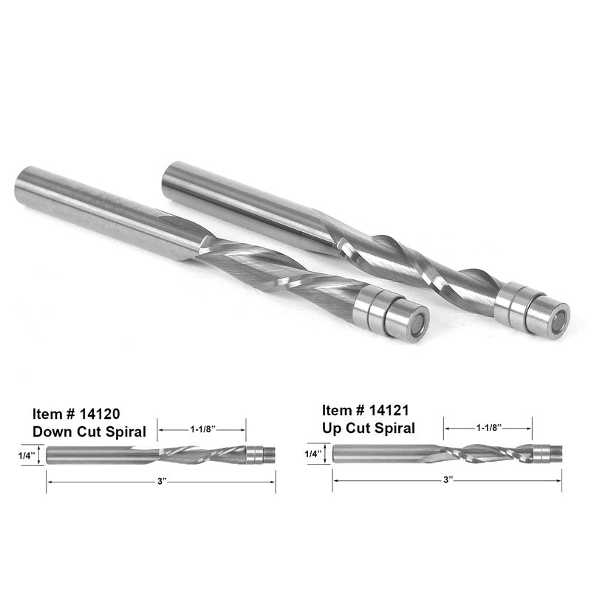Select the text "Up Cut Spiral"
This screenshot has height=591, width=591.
pyautogui.click(x=369, y=427)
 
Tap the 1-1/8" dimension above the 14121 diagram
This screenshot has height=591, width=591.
pyautogui.click(x=488, y=428)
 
